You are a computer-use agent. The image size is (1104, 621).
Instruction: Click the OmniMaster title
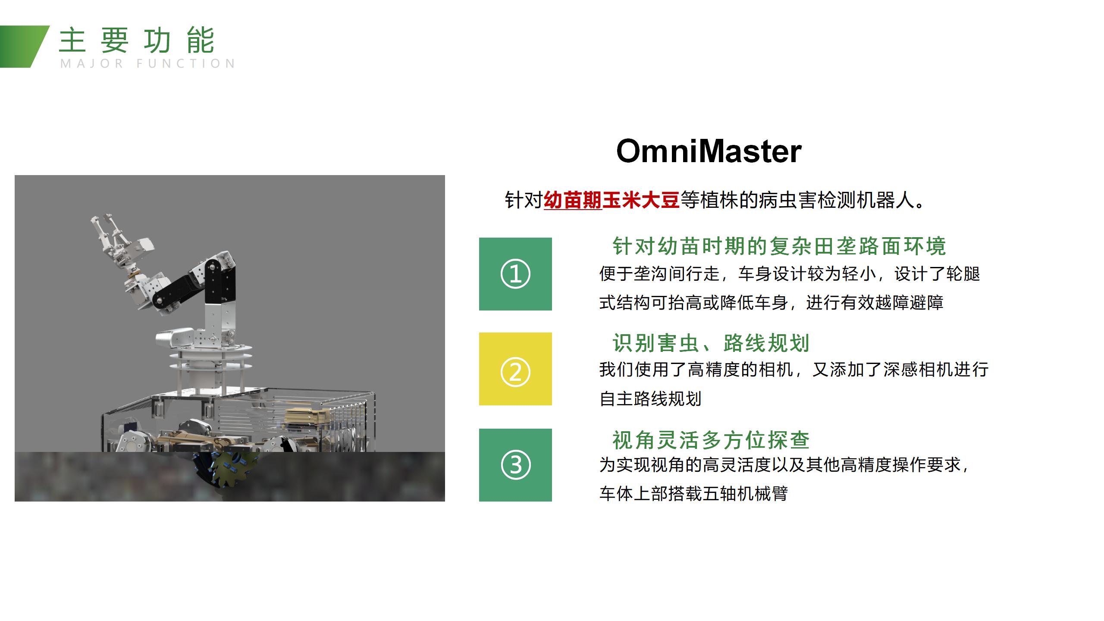[709, 151]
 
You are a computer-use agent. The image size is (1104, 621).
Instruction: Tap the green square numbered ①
[515, 274]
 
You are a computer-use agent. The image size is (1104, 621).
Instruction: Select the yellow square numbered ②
[515, 369]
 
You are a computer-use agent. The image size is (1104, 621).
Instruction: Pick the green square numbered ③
[515, 465]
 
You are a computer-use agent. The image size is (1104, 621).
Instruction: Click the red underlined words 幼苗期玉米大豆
[612, 201]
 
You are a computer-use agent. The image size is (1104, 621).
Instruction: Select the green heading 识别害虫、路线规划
[711, 343]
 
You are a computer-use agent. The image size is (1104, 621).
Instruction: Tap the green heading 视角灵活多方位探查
[711, 440]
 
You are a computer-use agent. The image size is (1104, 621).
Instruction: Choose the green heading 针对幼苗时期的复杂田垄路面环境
[779, 246]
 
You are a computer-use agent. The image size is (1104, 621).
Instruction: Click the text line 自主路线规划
[650, 398]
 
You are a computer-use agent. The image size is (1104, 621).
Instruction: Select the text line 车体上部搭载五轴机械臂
[693, 493]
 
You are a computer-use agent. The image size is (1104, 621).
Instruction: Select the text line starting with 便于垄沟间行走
[789, 274]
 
